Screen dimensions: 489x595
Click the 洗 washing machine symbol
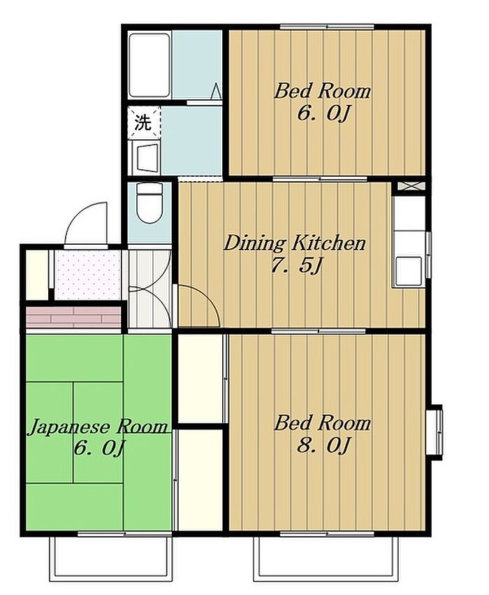point(144,123)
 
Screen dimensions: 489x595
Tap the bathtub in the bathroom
point(149,66)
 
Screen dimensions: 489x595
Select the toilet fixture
point(149,203)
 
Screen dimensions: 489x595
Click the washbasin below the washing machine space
point(147,157)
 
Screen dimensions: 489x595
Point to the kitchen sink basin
point(408,270)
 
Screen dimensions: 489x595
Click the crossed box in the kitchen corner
point(411,186)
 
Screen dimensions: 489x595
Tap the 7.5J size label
point(295,266)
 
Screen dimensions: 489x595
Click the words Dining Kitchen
point(295,243)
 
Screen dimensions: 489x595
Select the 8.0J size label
point(322,445)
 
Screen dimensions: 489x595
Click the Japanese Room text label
point(98,426)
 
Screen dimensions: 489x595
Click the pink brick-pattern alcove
point(73,317)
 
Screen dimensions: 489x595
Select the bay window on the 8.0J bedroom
point(435,433)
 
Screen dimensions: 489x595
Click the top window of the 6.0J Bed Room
point(327,27)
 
